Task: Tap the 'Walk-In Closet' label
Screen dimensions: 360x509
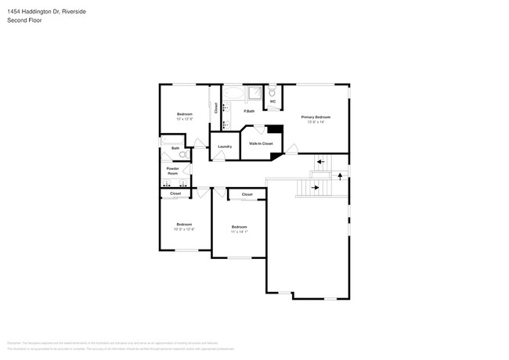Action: [261, 144]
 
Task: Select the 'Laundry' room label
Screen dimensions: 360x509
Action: [224, 146]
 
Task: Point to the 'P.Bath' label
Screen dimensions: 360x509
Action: [248, 111]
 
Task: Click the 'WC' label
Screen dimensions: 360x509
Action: [273, 102]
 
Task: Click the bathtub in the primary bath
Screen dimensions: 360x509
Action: [233, 94]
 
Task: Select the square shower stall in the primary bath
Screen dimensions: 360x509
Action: [254, 94]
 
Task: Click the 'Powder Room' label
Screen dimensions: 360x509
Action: [172, 171]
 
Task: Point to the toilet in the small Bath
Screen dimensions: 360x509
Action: [182, 155]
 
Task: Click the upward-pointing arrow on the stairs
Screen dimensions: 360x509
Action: [340, 176]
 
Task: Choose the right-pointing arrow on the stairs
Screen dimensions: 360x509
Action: [316, 188]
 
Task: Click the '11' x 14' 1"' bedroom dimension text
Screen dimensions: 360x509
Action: [240, 232]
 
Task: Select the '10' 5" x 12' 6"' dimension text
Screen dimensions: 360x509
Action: [184, 229]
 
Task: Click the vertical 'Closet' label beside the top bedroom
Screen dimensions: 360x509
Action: [216, 109]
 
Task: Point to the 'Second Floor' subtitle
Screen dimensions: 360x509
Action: [24, 20]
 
